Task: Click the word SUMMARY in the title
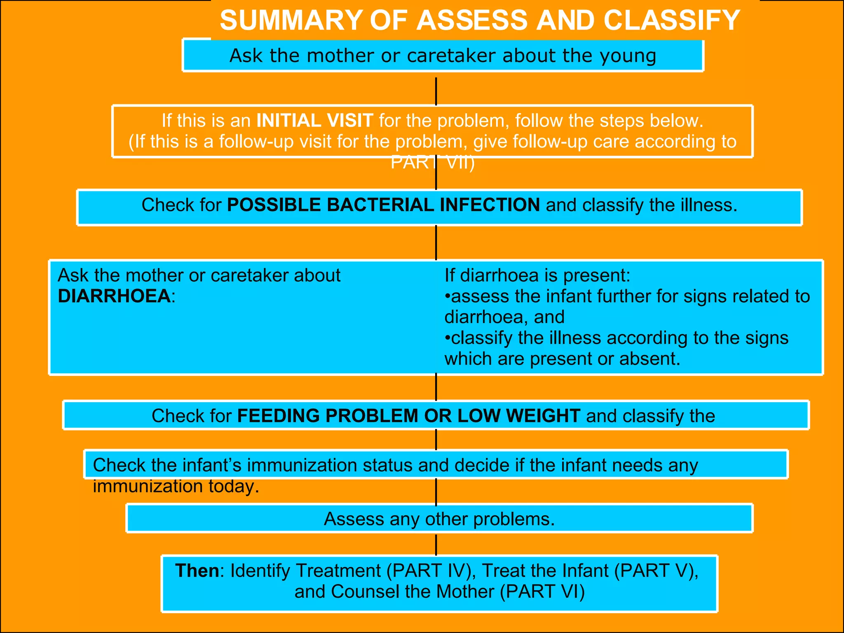[x=291, y=20]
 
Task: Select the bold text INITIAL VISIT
[x=315, y=121]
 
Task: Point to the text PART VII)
[x=433, y=163]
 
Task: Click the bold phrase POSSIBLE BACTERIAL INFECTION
[x=384, y=205]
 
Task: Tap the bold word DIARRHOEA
[x=114, y=296]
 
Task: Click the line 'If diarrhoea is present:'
[x=537, y=275]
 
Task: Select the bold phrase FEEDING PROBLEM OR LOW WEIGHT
[x=409, y=416]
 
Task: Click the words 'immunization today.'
[x=176, y=487]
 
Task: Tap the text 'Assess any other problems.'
[x=439, y=519]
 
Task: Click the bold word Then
[x=197, y=571]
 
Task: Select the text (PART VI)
[x=542, y=592]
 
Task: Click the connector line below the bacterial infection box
[x=436, y=242]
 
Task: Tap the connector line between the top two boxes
[x=436, y=91]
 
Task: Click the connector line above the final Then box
[x=436, y=544]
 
